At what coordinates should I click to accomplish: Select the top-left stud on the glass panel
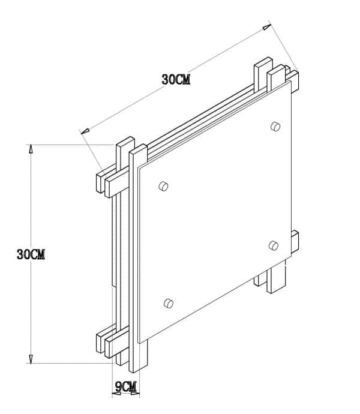163,187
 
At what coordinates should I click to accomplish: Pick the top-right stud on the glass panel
275,126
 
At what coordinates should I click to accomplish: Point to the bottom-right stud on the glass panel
274,245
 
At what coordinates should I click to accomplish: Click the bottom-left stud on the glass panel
169,303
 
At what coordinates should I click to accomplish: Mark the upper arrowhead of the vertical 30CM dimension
31,149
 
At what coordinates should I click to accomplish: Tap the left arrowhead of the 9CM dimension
115,394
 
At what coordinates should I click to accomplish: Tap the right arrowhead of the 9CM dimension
137,394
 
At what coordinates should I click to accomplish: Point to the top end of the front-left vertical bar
138,149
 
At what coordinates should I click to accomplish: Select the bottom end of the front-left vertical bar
134,367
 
